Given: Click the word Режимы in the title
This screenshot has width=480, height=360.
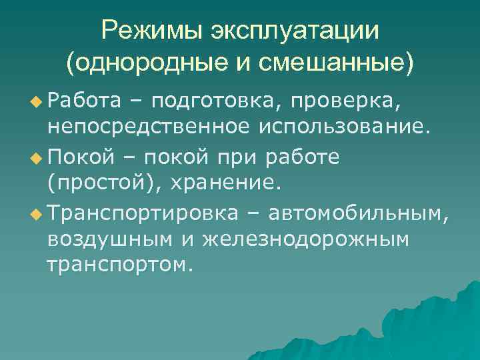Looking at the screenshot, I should click(151, 30).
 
